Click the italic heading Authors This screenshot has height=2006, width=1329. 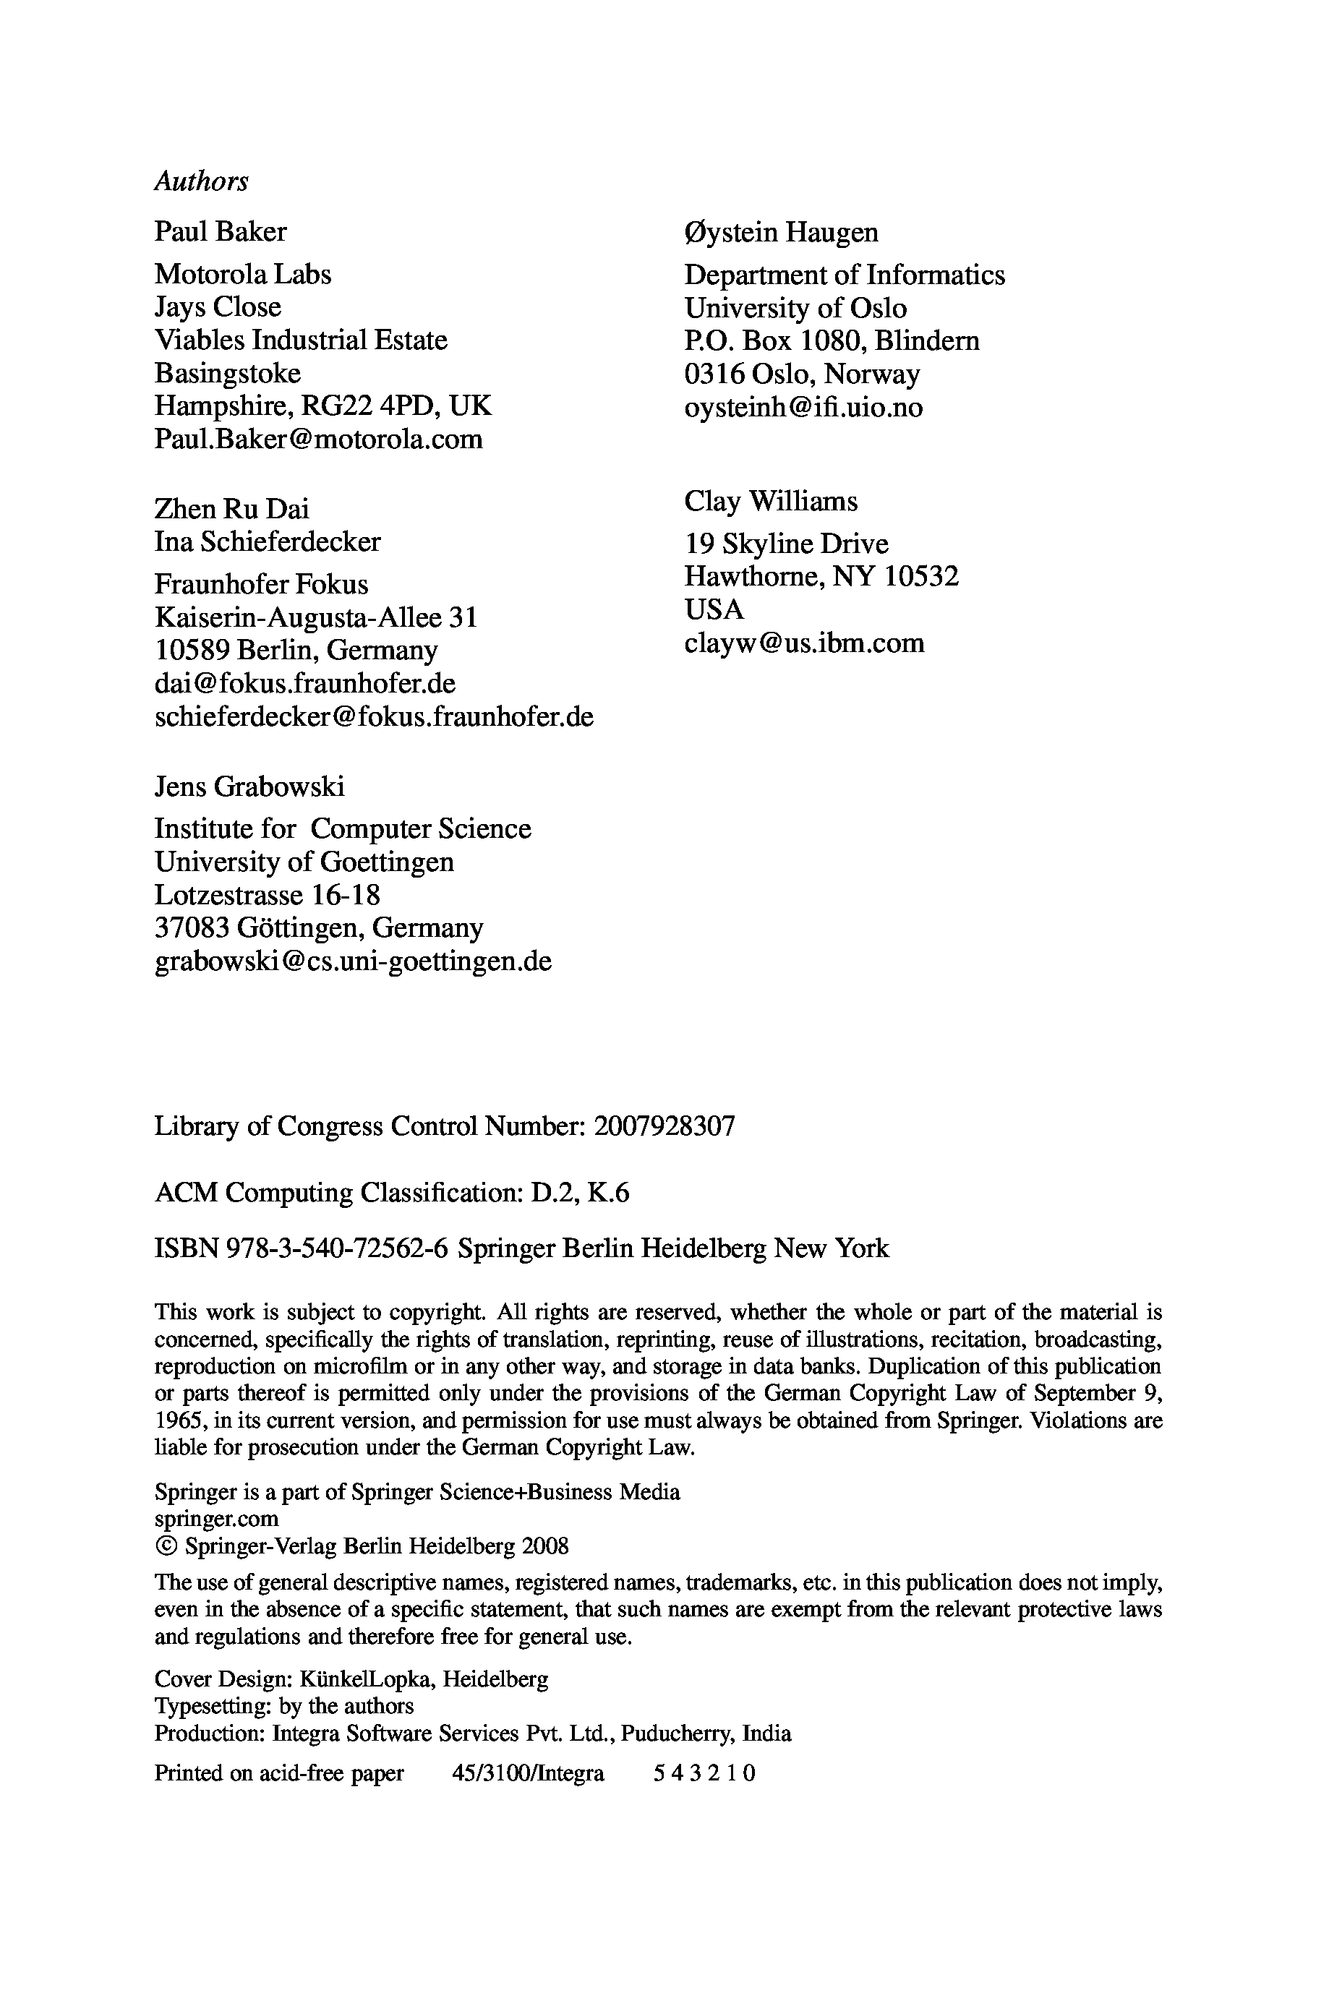(201, 181)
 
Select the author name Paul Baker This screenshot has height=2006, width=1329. (221, 231)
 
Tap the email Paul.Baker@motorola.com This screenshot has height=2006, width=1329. (318, 439)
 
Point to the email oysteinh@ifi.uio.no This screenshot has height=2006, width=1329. (803, 408)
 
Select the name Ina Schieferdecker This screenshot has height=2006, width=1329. (267, 541)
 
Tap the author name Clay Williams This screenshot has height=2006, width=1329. (771, 502)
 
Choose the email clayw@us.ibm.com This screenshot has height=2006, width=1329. (803, 643)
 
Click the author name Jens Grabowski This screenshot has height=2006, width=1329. (249, 786)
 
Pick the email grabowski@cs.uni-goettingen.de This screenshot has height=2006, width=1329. (353, 961)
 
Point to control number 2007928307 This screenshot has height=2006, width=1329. (664, 1127)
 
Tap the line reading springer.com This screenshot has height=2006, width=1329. (216, 1519)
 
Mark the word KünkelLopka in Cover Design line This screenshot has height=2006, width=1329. (364, 1679)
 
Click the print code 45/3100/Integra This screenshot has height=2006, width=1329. (528, 1773)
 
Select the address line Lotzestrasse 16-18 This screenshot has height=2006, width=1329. (267, 895)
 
